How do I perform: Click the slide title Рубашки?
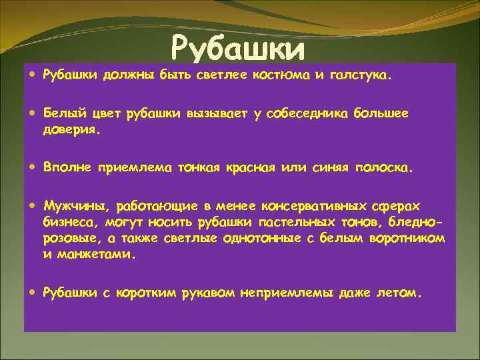pos(238,48)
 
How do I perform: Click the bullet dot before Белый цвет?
pos(33,113)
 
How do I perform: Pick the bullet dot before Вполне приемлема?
pos(33,168)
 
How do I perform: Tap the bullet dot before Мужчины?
pos(33,205)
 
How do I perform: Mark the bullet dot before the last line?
pos(33,291)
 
